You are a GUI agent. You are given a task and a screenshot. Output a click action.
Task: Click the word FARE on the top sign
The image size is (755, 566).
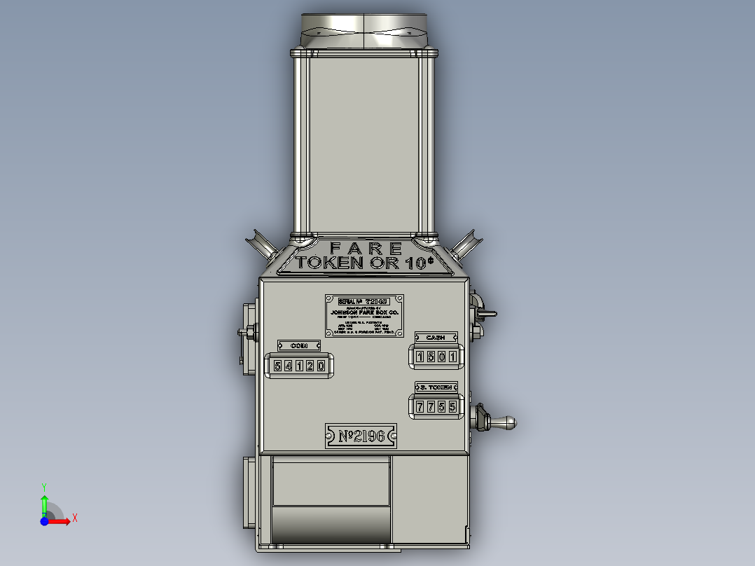coord(366,248)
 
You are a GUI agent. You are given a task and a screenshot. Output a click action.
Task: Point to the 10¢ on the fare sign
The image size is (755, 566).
coord(419,263)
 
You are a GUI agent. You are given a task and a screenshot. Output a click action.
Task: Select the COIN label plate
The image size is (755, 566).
coord(299,345)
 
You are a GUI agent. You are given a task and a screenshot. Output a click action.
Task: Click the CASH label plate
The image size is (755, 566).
coord(436,338)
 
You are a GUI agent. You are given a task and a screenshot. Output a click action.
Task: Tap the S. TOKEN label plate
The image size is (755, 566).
coord(436,387)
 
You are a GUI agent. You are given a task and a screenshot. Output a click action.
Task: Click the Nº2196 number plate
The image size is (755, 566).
coord(361,436)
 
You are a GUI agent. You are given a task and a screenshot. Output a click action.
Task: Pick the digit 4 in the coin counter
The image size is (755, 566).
coord(289,366)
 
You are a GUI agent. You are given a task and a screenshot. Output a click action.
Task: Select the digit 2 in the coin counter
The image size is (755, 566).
coord(310,366)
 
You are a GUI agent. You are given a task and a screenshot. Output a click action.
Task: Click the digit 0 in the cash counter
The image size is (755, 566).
coord(442,357)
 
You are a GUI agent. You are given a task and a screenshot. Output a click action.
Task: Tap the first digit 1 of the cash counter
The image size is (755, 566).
coord(421,357)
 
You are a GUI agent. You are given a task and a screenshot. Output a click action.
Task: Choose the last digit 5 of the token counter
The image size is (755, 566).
coord(452,406)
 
